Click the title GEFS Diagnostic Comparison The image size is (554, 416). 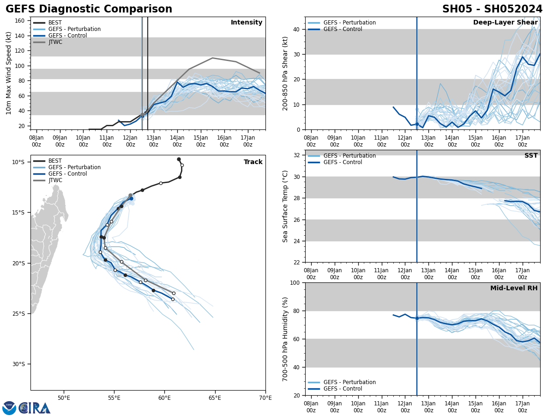tap(89, 9)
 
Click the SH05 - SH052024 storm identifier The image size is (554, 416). tap(492, 9)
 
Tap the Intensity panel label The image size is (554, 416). tap(247, 23)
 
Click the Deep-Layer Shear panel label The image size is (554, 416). tap(505, 23)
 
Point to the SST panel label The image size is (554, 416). tap(531, 156)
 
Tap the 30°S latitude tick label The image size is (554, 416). tap(18, 364)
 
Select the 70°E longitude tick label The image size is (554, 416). tap(265, 398)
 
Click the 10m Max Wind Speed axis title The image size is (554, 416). tap(9, 73)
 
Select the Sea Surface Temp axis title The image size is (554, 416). tap(285, 206)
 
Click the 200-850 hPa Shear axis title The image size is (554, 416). tap(285, 73)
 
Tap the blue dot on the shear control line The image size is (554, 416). tap(417, 124)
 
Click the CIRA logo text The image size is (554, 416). tap(34, 408)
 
